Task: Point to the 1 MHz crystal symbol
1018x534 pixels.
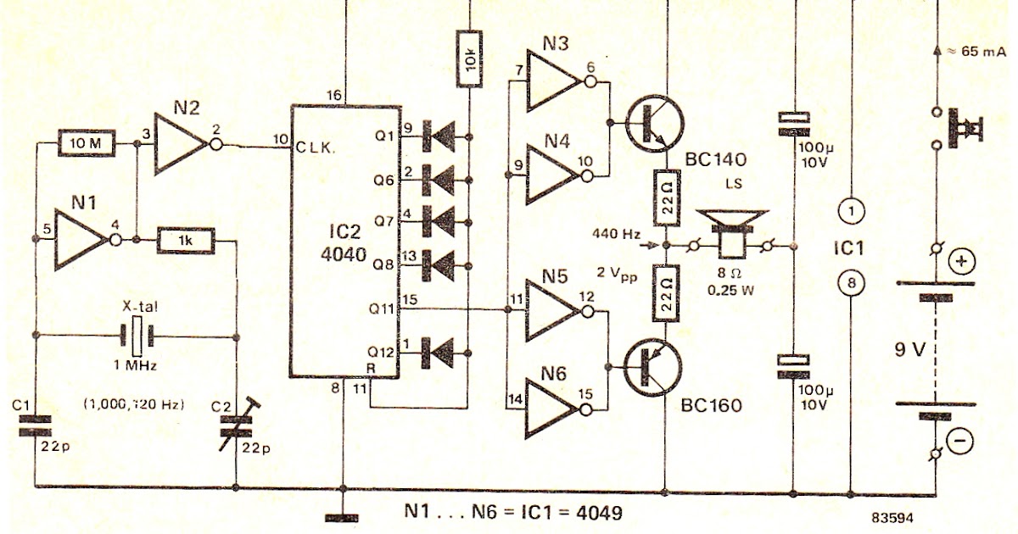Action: tap(136, 337)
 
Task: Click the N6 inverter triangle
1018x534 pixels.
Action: tap(556, 409)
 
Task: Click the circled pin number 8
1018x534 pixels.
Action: tap(851, 284)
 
